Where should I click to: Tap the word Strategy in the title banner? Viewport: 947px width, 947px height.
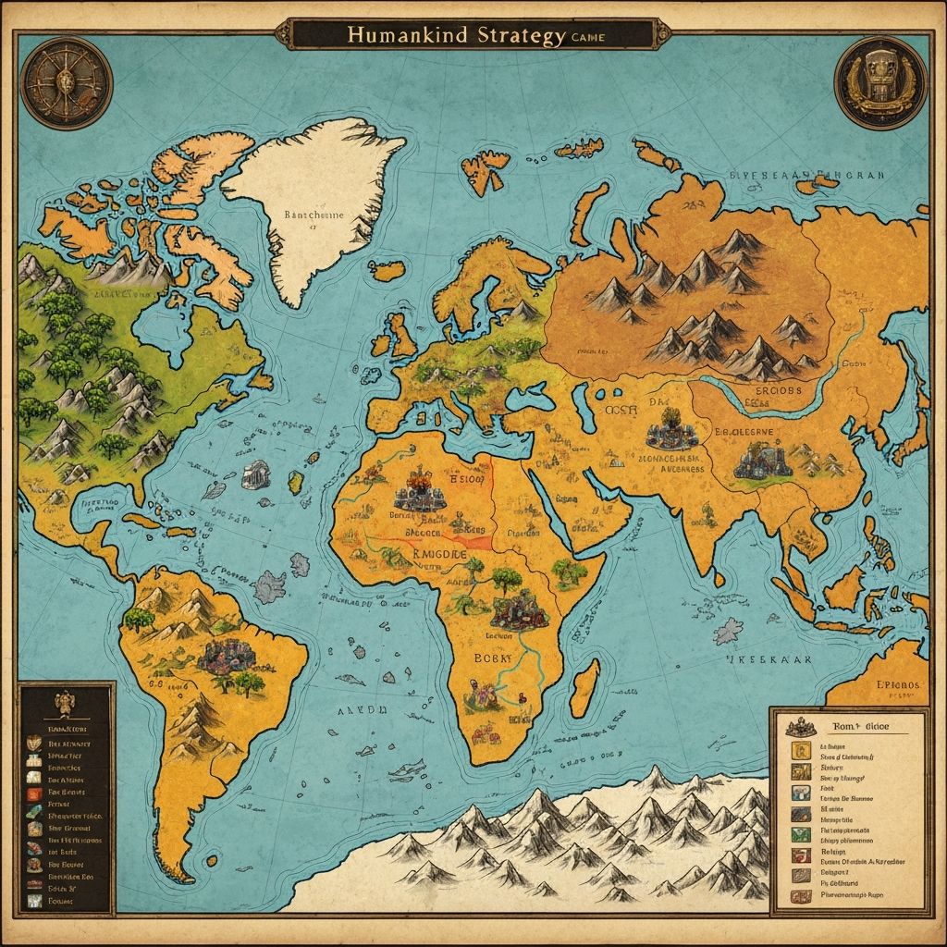pyautogui.click(x=520, y=36)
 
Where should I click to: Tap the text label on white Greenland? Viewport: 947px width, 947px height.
pyautogui.click(x=310, y=215)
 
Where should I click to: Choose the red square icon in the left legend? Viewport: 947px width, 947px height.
pyautogui.click(x=34, y=791)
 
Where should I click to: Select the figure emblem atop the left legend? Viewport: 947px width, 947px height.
pyautogui.click(x=66, y=706)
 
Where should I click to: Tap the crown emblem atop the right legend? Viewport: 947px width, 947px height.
pyautogui.click(x=804, y=727)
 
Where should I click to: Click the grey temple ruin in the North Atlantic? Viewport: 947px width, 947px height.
pyautogui.click(x=257, y=475)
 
